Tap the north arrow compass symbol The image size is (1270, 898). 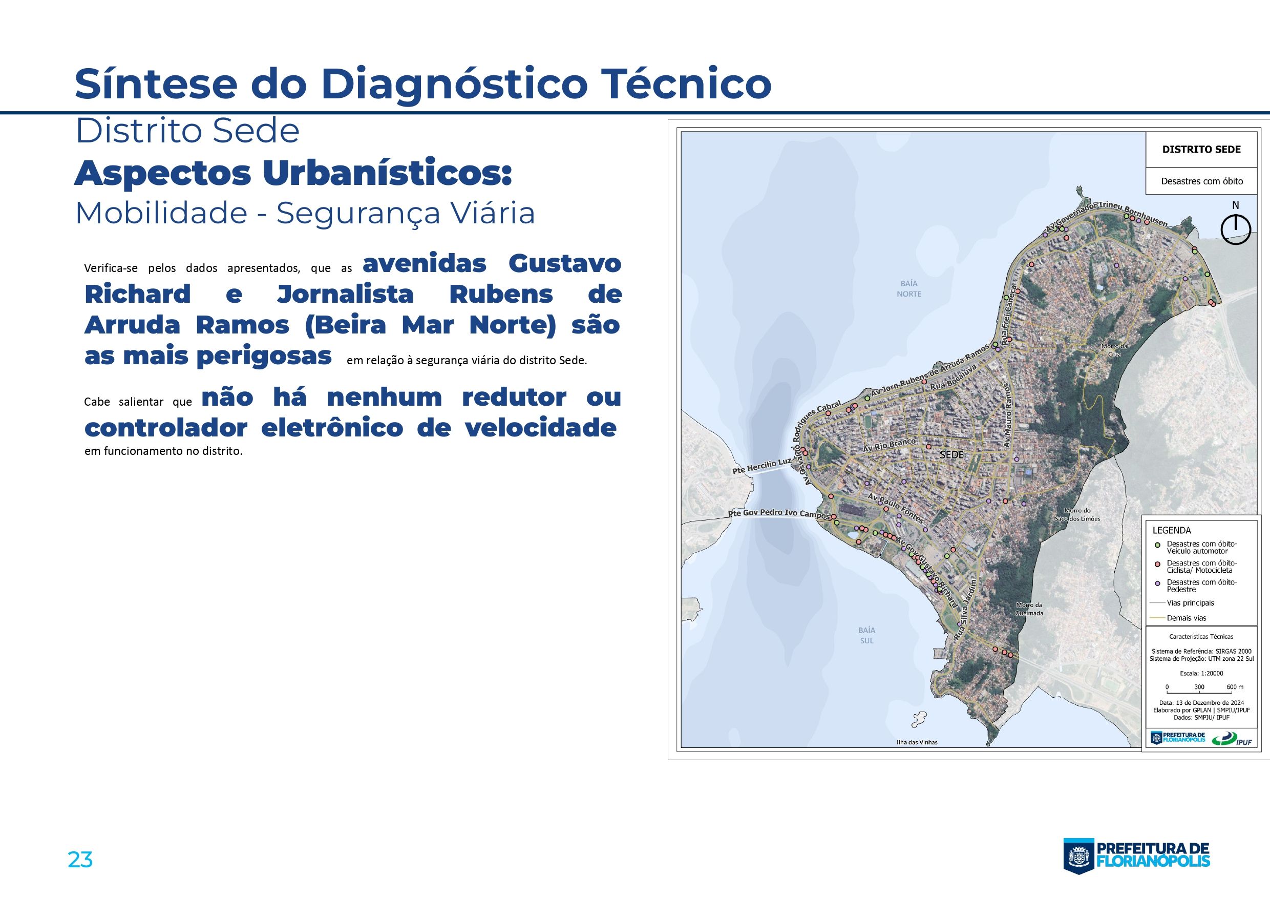pyautogui.click(x=1235, y=228)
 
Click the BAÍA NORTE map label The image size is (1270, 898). pyautogui.click(x=909, y=289)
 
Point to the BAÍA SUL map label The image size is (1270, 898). pyautogui.click(x=867, y=635)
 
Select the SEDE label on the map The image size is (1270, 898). pyautogui.click(x=951, y=455)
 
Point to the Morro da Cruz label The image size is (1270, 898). pyautogui.click(x=1114, y=350)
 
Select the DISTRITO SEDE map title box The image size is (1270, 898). pyautogui.click(x=1201, y=150)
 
